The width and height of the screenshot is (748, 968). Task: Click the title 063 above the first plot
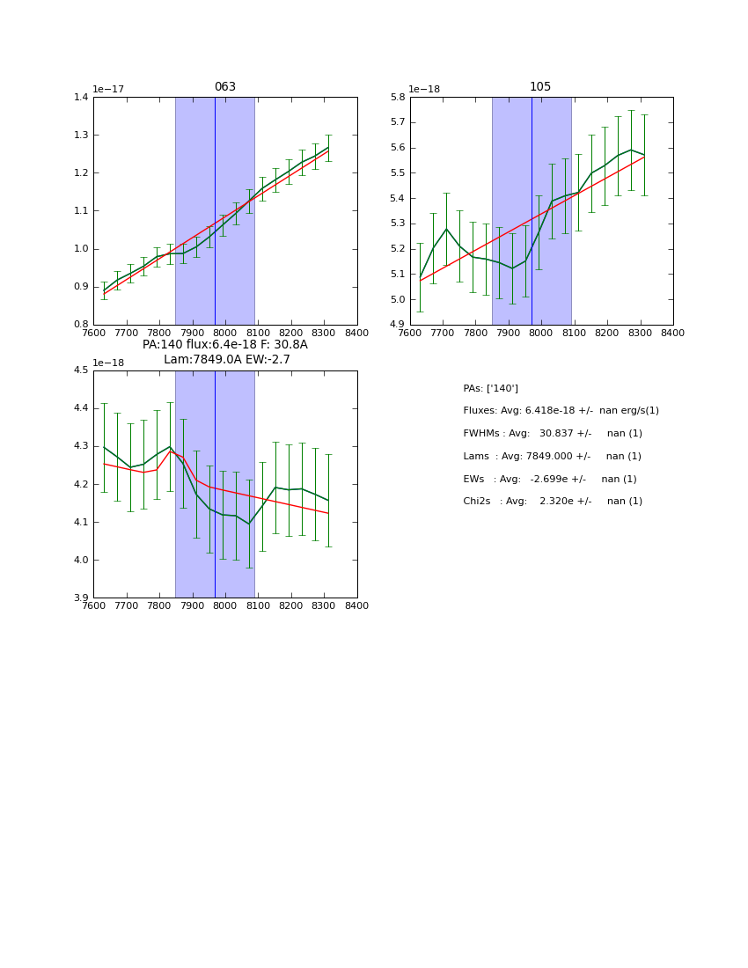click(225, 87)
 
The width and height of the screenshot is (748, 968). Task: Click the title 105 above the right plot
click(540, 87)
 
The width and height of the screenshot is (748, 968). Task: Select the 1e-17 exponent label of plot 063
click(109, 90)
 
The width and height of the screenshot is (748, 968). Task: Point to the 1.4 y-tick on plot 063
click(81, 97)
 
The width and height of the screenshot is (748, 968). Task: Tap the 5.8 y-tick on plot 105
click(398, 97)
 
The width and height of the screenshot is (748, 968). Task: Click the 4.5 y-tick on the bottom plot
click(81, 370)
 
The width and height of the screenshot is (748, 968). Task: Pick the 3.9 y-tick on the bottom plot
click(81, 598)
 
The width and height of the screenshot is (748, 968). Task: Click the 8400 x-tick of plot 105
click(673, 334)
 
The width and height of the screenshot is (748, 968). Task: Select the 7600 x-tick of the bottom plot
click(93, 606)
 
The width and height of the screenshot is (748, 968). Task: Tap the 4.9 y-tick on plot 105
click(398, 325)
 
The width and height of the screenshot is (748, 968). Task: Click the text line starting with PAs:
click(490, 389)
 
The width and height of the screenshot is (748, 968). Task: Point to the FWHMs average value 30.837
click(557, 434)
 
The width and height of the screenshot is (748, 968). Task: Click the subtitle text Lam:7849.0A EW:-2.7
click(226, 360)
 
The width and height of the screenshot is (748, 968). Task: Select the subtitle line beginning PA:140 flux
click(224, 345)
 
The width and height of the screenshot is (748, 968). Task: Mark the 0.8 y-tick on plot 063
click(81, 325)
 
